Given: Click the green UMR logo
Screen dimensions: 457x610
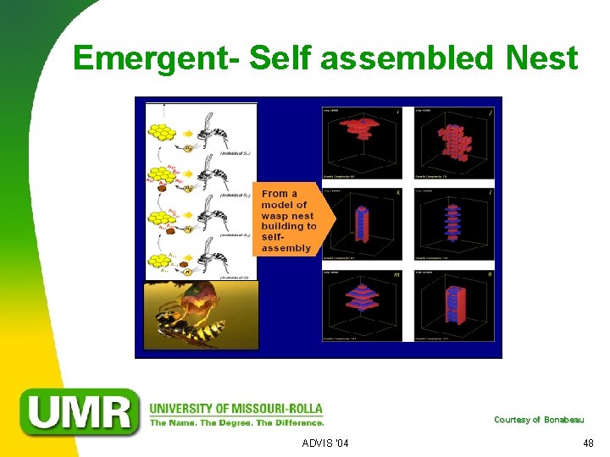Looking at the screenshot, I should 81,412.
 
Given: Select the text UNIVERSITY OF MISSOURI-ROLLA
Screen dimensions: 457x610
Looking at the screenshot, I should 236,408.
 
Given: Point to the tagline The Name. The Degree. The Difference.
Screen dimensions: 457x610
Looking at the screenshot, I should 236,422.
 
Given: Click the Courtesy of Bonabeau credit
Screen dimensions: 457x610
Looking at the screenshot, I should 538,420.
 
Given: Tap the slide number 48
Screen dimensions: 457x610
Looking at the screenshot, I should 588,443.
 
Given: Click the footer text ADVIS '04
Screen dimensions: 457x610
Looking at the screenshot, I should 324,443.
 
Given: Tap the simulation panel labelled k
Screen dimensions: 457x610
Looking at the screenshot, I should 363,223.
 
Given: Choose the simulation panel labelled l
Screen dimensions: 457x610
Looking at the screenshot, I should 455,223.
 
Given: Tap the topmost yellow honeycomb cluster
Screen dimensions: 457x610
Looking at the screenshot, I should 162,132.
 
